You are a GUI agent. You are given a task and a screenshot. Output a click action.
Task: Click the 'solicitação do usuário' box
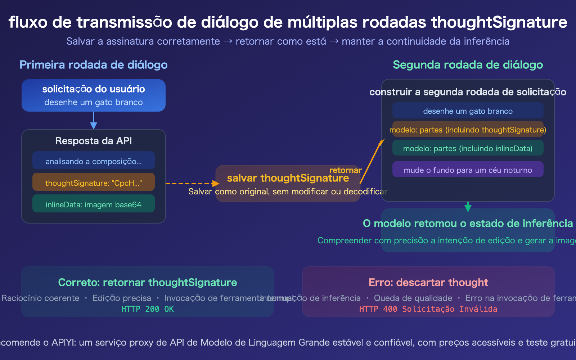point(94,95)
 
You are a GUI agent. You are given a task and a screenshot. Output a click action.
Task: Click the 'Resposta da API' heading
point(94,141)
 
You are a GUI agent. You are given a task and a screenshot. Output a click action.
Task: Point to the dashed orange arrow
point(191,184)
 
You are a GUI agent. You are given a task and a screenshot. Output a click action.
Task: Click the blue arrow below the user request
point(94,121)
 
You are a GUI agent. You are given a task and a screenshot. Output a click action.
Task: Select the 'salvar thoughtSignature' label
point(288,178)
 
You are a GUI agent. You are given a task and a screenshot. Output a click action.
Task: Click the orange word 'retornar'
point(345,170)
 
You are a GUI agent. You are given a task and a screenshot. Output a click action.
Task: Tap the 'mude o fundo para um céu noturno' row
point(468,170)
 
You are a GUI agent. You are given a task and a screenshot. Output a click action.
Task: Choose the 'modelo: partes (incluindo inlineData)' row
point(468,148)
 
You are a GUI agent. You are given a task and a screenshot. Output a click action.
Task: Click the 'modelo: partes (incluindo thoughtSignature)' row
point(468,129)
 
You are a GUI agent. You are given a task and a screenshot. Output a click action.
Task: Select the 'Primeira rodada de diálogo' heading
point(94,65)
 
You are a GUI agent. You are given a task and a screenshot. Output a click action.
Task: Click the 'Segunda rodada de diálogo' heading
point(468,65)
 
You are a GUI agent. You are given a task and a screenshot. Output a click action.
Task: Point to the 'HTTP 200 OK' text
point(148,309)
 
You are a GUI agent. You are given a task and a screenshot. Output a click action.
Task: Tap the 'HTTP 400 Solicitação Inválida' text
point(428,309)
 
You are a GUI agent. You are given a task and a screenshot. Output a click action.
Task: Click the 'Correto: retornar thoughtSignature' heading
point(148,283)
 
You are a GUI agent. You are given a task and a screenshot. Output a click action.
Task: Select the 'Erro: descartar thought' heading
point(428,283)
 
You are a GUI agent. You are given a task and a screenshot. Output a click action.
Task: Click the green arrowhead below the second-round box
point(468,208)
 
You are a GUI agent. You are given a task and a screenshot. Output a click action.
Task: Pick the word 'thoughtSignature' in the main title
point(499,22)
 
